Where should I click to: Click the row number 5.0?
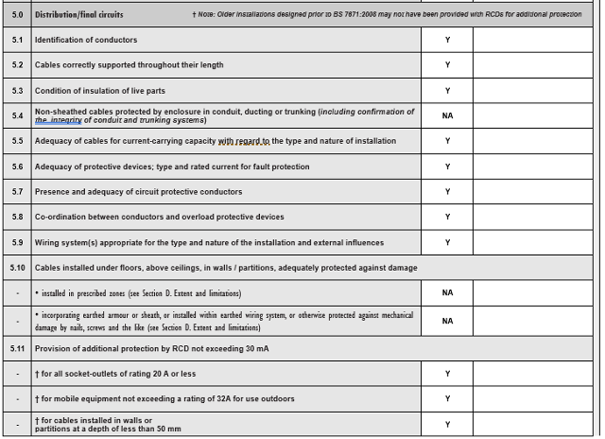click(x=17, y=15)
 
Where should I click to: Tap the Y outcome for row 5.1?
click(x=447, y=40)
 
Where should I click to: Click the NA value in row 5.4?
click(x=447, y=115)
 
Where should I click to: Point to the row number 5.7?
click(x=17, y=192)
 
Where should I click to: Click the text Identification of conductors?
click(x=86, y=40)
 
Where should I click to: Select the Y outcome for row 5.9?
click(x=447, y=243)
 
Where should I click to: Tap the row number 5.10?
click(x=17, y=268)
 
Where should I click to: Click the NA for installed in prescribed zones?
click(x=447, y=293)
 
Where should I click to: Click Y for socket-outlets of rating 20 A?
click(x=447, y=374)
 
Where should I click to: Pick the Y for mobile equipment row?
click(x=447, y=398)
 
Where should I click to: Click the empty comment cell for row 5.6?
click(x=535, y=167)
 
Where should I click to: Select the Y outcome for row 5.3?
click(x=447, y=91)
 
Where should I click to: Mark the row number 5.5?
click(x=17, y=141)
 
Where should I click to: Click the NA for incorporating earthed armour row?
click(x=447, y=321)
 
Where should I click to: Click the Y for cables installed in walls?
click(x=447, y=425)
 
